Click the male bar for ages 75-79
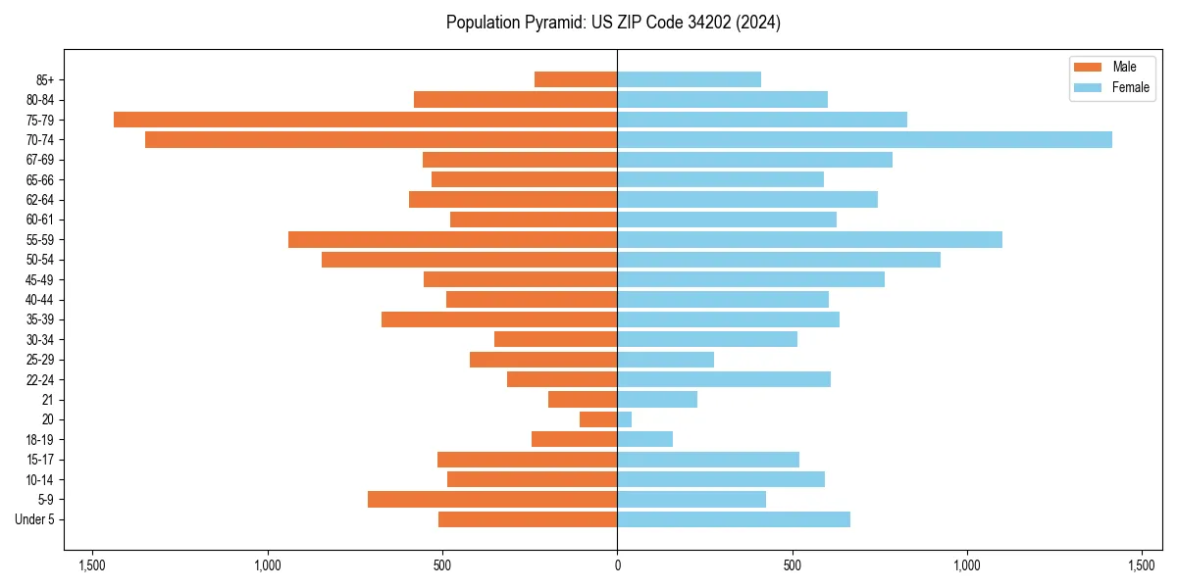365,120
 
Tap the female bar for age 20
625,419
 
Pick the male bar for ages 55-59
452,240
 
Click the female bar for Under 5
734,519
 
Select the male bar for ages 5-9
492,500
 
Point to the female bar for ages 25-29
666,360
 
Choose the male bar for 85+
576,79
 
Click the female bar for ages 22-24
724,379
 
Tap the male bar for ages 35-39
499,319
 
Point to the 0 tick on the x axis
617,565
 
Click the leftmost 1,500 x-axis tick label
92,565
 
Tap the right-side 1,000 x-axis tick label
967,565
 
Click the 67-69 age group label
40,160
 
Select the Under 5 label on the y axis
34,519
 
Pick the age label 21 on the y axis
47,400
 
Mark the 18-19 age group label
40,440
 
